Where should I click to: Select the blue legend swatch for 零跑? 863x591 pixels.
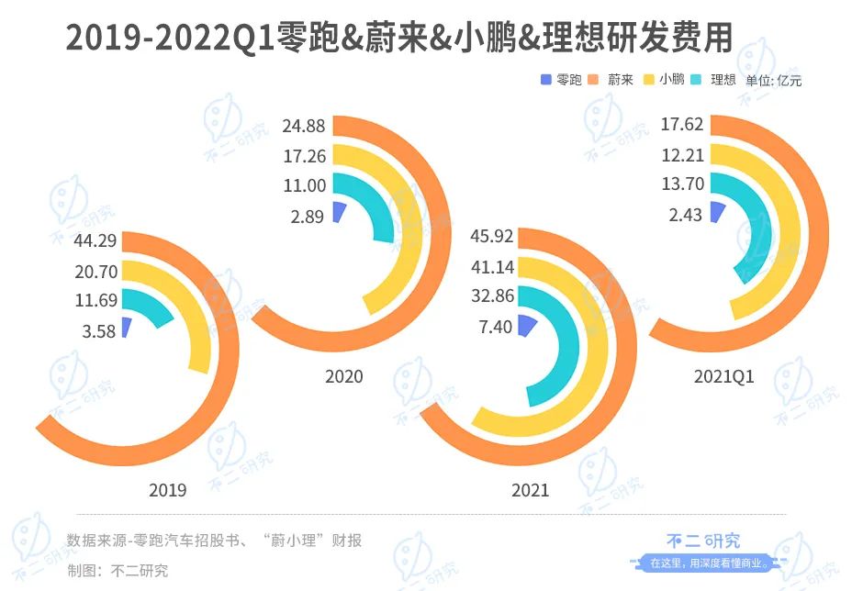pos(546,80)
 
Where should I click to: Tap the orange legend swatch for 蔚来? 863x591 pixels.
pos(594,80)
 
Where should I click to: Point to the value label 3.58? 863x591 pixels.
pos(100,331)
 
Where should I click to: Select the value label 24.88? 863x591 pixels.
pos(304,126)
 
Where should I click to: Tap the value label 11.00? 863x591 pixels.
pos(304,185)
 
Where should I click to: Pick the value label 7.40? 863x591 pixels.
pos(495,327)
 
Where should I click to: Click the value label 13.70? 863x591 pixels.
pos(682,184)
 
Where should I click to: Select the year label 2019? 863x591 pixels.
pos(167,490)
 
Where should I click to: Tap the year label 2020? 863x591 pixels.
pos(343,376)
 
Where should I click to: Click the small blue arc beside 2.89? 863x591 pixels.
pos(339,212)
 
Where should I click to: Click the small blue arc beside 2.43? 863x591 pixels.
pos(717,212)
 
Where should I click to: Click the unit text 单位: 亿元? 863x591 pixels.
pos(773,81)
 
